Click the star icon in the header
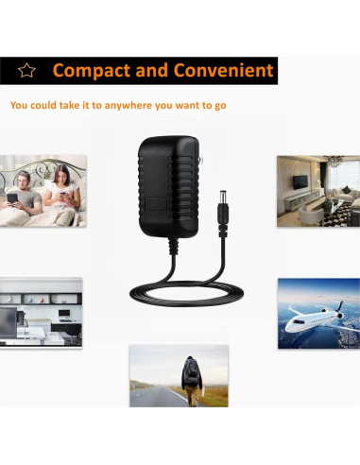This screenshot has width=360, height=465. [27, 71]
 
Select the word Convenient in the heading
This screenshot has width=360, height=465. [223, 71]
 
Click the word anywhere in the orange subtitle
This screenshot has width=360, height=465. [152, 106]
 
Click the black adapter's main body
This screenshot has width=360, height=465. [164, 190]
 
